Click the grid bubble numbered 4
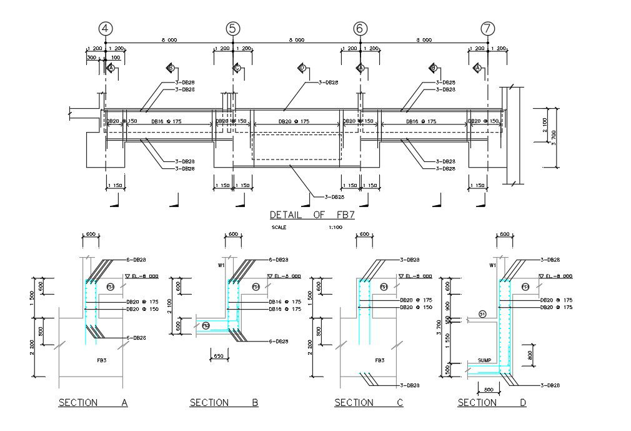pyautogui.click(x=105, y=28)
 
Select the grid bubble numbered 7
pyautogui.click(x=488, y=28)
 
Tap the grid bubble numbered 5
pyautogui.click(x=232, y=28)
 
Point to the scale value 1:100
pyautogui.click(x=335, y=228)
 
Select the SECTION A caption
pyautogui.click(x=93, y=403)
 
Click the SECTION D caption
pyautogui.click(x=492, y=403)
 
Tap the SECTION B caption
pyautogui.click(x=224, y=403)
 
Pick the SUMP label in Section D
pyautogui.click(x=484, y=361)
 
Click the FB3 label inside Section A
pyautogui.click(x=101, y=361)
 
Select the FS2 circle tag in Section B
pyautogui.click(x=205, y=325)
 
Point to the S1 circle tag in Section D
pyautogui.click(x=482, y=314)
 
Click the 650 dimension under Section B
pyautogui.click(x=219, y=356)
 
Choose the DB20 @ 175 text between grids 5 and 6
pyautogui.click(x=294, y=121)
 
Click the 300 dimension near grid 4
pyautogui.click(x=92, y=58)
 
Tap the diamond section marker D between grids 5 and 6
pyautogui.click(x=302, y=68)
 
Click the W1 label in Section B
pyautogui.click(x=221, y=265)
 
